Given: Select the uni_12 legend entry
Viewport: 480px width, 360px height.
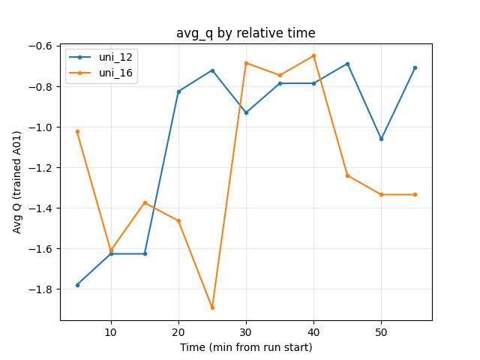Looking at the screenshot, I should coord(109,58).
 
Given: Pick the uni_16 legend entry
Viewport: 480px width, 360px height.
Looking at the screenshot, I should coord(109,73).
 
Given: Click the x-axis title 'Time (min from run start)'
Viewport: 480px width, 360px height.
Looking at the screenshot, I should coord(245,347).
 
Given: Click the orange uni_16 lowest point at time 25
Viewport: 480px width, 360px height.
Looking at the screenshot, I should coord(212,307).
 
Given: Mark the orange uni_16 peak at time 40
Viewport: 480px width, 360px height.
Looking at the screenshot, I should coord(313,55).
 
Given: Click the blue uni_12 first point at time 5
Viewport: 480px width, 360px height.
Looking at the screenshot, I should coord(77,285).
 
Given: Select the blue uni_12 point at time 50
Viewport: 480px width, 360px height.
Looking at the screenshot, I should coord(381,139).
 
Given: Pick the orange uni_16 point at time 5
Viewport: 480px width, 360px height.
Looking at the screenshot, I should coord(77,131).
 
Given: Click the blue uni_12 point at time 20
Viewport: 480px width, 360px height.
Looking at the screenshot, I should coord(178,91).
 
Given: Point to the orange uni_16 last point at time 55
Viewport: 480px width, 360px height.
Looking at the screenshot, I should coord(415,194).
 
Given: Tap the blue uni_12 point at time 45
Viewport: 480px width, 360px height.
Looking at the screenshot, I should coord(347,64).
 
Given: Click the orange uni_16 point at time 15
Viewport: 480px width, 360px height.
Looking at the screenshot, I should coord(145,202).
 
